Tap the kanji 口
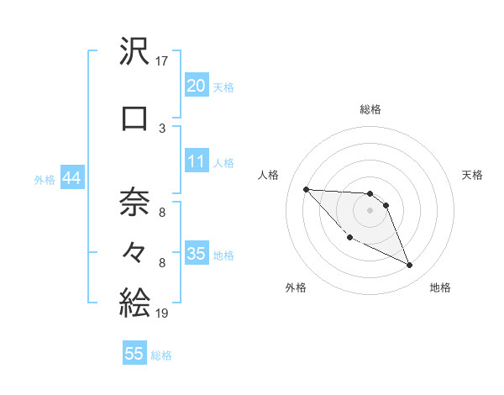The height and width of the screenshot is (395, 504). [x=134, y=118]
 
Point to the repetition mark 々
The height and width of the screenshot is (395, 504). [x=134, y=251]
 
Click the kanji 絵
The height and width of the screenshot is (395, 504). [x=134, y=302]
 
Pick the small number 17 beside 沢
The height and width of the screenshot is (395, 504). [x=163, y=61]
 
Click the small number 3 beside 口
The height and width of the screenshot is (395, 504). [x=162, y=128]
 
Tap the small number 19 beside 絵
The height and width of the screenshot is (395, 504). [x=163, y=313]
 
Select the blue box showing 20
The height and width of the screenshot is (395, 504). [x=196, y=85]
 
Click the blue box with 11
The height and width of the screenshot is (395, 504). [x=196, y=161]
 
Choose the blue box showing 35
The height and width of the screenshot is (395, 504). [x=196, y=254]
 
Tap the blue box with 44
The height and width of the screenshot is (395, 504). [x=71, y=178]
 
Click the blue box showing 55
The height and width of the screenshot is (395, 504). [x=134, y=354]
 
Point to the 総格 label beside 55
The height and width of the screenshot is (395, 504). [x=161, y=355]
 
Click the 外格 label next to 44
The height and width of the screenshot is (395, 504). [x=45, y=179]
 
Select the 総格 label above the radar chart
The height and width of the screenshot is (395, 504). [x=370, y=109]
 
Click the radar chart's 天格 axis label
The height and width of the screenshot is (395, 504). [x=472, y=175]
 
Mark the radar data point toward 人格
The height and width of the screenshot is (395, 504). [x=306, y=189]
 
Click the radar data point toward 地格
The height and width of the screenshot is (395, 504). [x=410, y=266]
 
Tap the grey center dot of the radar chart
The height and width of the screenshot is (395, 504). [x=370, y=210]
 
